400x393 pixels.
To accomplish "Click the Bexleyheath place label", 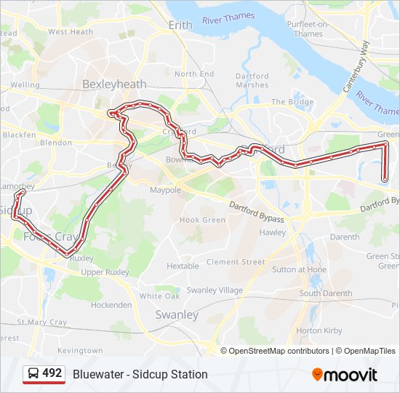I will point(114,84).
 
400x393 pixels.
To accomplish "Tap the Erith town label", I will point(180,25).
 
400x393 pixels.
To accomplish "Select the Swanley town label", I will point(177,315).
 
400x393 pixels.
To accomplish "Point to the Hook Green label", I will point(202,220).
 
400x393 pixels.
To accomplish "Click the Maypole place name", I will point(165,190).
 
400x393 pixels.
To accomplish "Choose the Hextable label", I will point(183,266).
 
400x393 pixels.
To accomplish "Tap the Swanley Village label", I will point(215,290).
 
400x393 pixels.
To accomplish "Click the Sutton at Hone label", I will point(299,269).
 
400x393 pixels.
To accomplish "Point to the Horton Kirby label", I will point(319,330).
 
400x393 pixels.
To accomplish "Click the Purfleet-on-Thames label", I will point(308,29).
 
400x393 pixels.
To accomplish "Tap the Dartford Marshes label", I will point(252,80).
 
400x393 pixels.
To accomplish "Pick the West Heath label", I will point(71,32).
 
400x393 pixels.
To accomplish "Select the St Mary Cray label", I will point(41,322).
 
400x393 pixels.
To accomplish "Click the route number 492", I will point(52,373).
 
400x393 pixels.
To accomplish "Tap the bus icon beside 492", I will point(33,374).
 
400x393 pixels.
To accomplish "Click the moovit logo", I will point(345,374).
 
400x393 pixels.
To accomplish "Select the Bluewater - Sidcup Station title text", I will point(140,374).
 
